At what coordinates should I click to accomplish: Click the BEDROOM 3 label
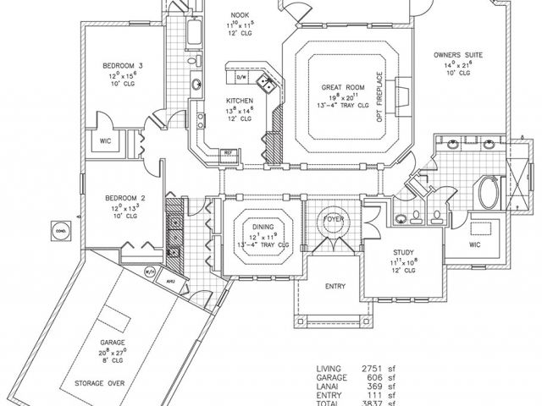[x=118, y=65]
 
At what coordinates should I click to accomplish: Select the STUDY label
[x=401, y=253]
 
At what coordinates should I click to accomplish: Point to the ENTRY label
[x=336, y=287]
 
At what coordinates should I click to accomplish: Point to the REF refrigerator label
[x=227, y=152]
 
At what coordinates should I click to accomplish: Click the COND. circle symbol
[x=60, y=229]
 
